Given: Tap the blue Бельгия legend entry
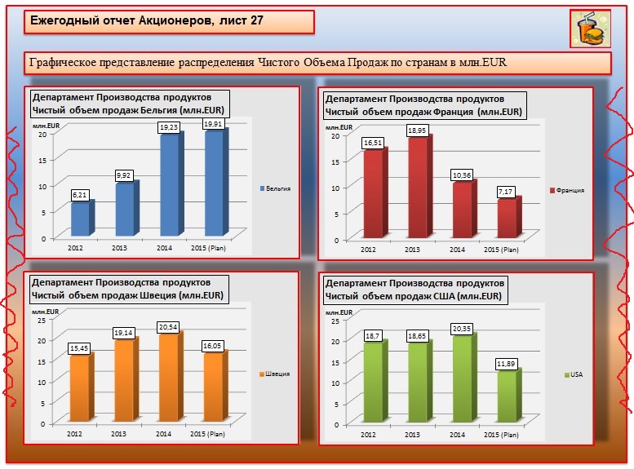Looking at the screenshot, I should [275, 188].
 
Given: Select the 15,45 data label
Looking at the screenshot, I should [80, 349].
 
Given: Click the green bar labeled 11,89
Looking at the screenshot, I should [506, 398].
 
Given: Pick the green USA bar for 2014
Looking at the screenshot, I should [462, 379].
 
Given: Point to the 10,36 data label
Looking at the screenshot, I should [461, 176].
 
